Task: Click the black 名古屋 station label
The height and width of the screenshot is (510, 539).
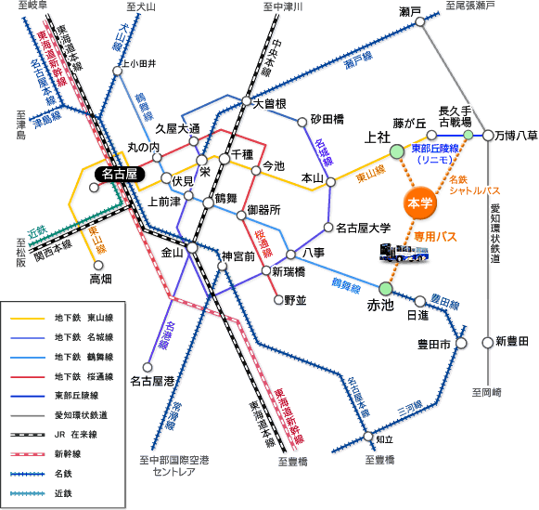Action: tap(120, 174)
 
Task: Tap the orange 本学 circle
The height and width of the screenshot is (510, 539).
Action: tap(419, 203)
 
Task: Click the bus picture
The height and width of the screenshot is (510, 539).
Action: tap(404, 253)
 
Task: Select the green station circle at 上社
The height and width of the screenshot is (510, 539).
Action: tap(397, 151)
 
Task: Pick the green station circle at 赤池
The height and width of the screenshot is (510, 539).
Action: tap(386, 288)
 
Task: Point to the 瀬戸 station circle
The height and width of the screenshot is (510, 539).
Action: tap(420, 21)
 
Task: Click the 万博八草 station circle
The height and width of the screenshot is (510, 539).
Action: tap(488, 136)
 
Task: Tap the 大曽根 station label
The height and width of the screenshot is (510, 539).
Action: tap(269, 104)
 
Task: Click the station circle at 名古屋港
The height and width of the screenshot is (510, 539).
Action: tap(148, 367)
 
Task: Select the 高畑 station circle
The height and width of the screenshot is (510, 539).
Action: tap(98, 266)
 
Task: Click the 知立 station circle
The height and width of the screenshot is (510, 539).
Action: tap(368, 437)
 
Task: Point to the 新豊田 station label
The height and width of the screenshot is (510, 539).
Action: tap(512, 341)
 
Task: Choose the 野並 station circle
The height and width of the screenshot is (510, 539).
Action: tap(278, 300)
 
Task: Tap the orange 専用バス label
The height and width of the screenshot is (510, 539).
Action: tap(435, 237)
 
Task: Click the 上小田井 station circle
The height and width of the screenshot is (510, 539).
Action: tap(117, 71)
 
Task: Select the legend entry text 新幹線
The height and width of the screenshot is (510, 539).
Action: tap(68, 454)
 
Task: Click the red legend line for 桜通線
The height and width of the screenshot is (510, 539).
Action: tap(28, 377)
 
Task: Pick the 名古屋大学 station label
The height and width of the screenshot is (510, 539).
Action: tap(364, 228)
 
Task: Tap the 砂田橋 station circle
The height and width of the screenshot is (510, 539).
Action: tap(302, 123)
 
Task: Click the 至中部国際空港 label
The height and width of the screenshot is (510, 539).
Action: tap(174, 460)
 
